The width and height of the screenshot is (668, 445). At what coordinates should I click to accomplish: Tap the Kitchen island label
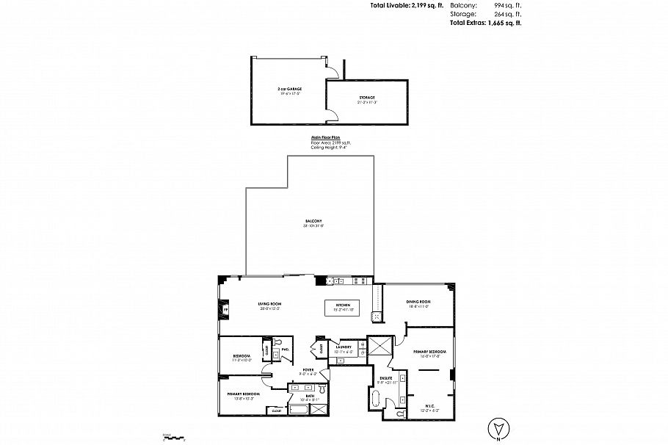343,305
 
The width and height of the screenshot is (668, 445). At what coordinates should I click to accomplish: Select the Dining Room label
418,302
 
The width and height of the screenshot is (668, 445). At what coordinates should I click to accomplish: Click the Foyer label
308,370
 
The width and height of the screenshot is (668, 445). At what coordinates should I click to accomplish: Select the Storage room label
367,98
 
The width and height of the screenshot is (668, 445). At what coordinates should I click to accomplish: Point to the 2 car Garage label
290,88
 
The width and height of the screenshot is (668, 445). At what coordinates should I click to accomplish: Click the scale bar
173,438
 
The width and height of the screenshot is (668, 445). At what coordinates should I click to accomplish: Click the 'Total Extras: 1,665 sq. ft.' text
485,23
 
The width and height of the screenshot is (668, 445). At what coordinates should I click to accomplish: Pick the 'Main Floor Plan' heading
320,137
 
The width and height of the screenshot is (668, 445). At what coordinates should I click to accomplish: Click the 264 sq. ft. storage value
507,14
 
